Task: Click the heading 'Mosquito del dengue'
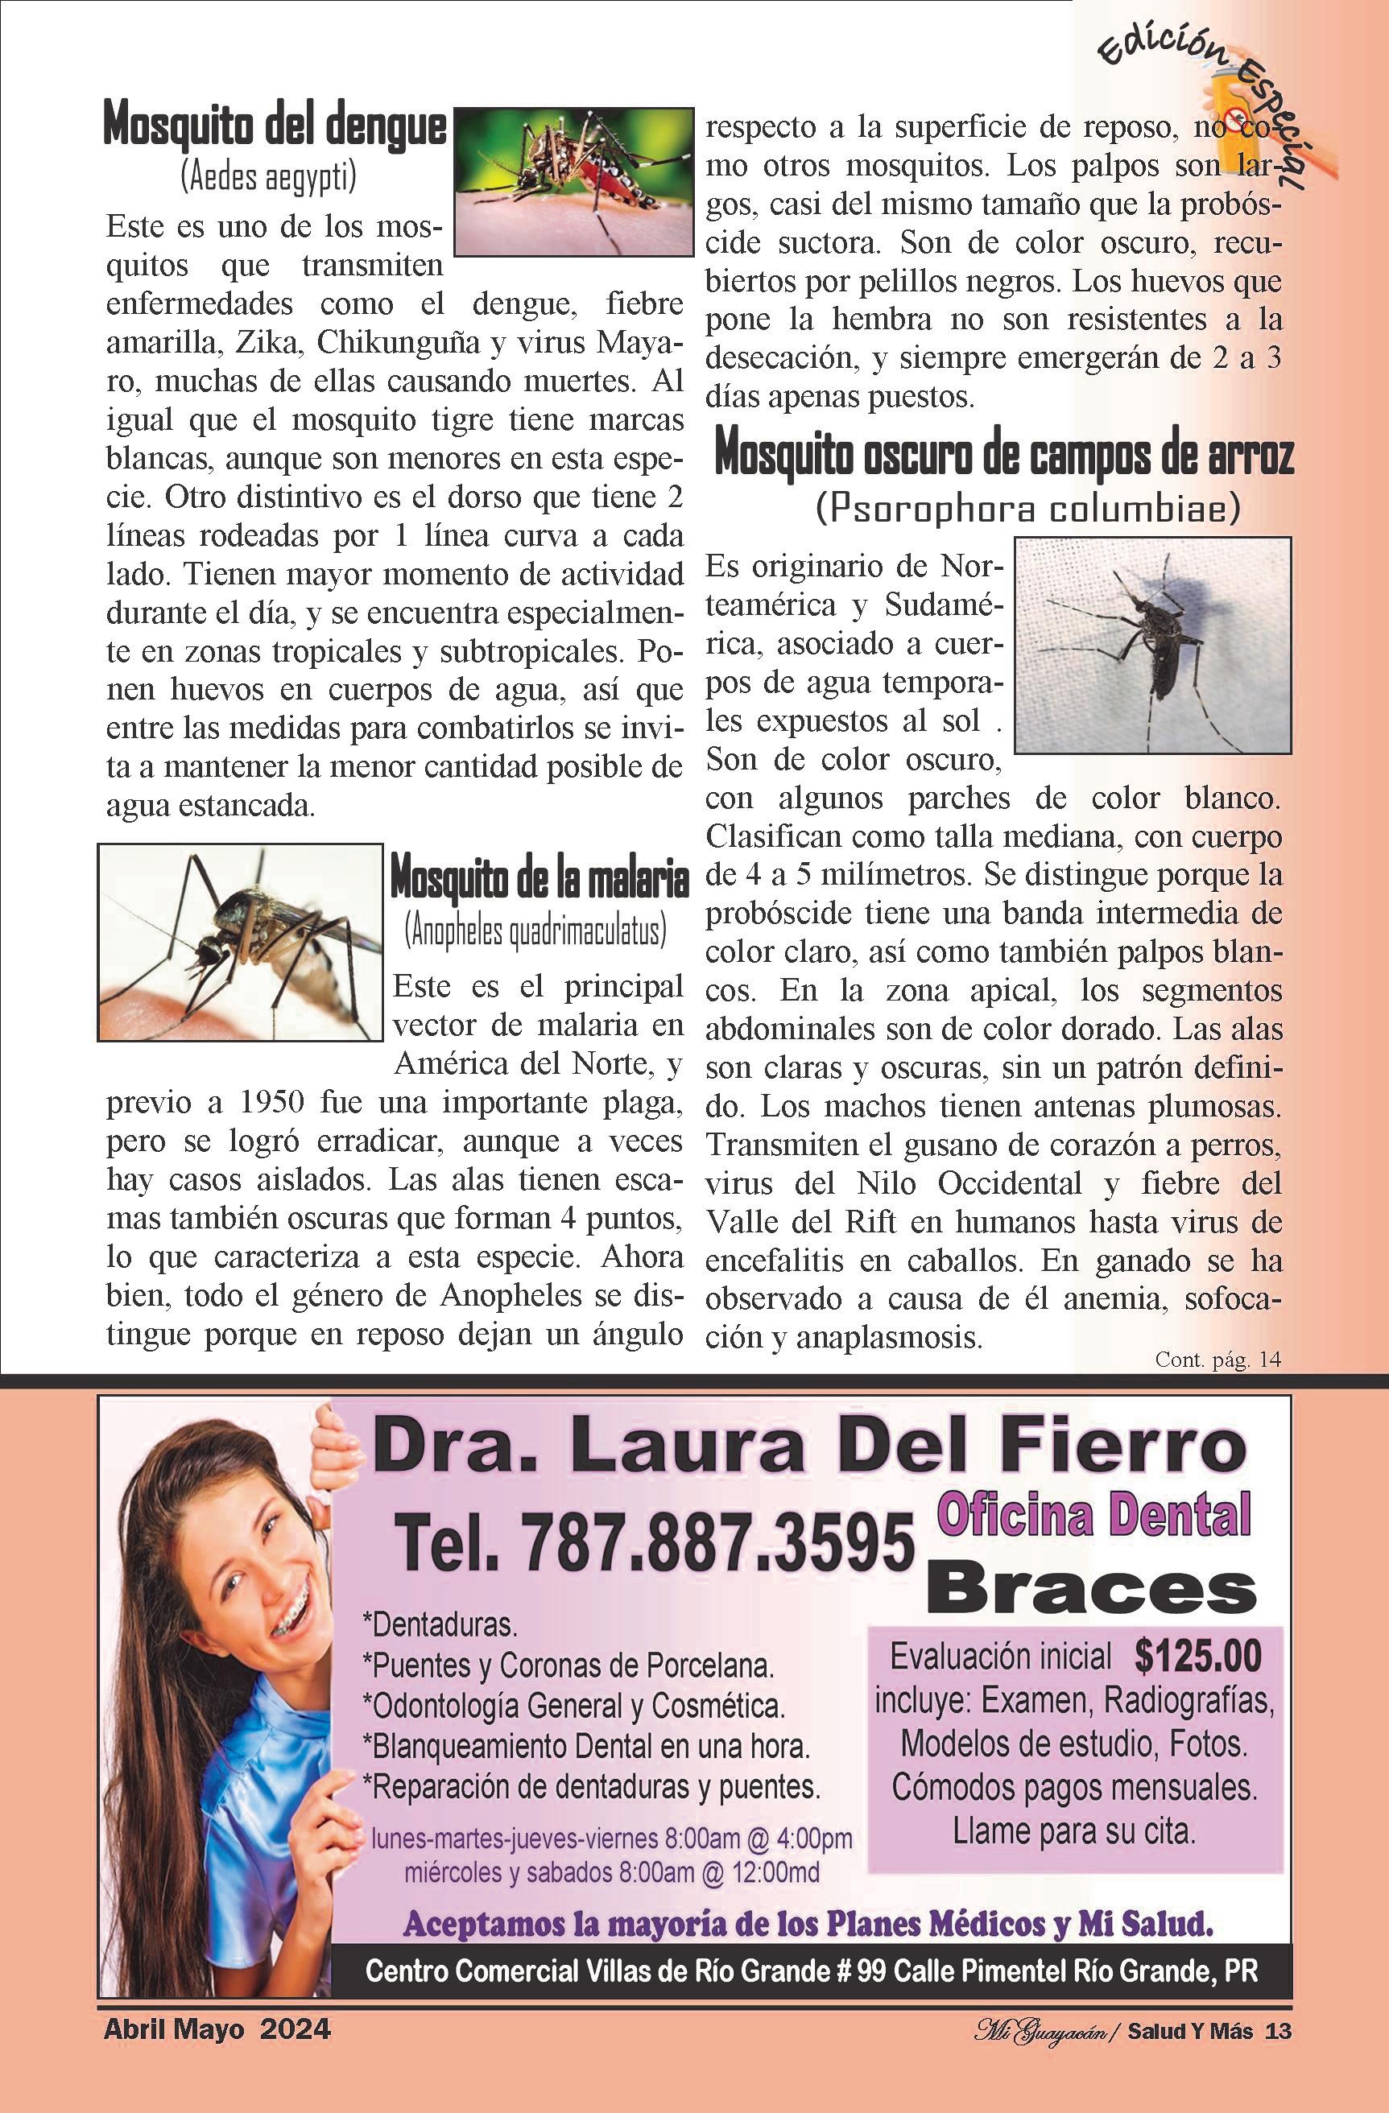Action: pos(275,126)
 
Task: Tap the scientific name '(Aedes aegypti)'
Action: pos(268,176)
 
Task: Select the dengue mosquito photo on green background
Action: pos(573,182)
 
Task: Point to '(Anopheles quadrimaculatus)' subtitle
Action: pos(535,931)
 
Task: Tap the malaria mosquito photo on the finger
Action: pos(240,942)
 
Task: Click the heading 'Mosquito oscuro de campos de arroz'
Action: pos(1003,456)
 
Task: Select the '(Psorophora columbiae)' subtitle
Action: pos(1027,510)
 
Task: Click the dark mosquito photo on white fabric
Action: pos(1153,645)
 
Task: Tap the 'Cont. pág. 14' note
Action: pos(1217,1360)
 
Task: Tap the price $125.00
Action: pos(1197,1656)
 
